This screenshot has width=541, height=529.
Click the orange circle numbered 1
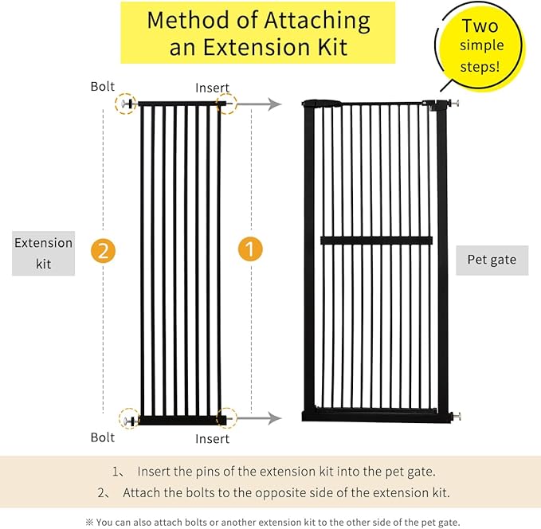coord(250,250)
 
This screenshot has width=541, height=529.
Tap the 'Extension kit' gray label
coord(44,253)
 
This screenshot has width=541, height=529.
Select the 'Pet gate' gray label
coord(492,260)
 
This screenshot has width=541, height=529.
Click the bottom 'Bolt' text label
coord(103,437)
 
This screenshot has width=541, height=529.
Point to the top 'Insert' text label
coord(212,88)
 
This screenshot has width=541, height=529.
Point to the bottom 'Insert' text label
coord(212,438)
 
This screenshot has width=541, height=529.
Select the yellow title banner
coord(257,33)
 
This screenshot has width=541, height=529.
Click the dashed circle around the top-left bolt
coord(126,104)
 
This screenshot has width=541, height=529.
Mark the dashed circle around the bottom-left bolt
coord(129,418)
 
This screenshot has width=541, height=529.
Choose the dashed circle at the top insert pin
coord(226,104)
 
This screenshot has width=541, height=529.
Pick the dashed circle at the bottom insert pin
coord(226,417)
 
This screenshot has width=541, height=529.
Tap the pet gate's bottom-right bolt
coord(455,415)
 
